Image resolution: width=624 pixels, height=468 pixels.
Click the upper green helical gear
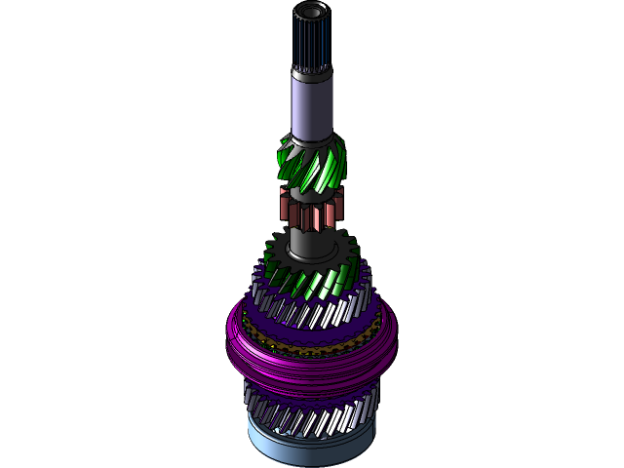[x=311, y=166]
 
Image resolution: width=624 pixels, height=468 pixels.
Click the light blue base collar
[x=310, y=444]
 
